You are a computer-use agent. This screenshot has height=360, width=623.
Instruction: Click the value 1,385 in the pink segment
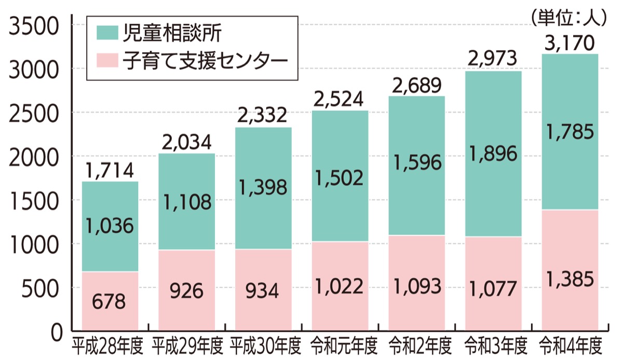569,280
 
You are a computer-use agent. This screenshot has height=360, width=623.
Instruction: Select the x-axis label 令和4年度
570,344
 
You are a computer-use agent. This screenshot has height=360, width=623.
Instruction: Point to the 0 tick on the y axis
56,330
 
